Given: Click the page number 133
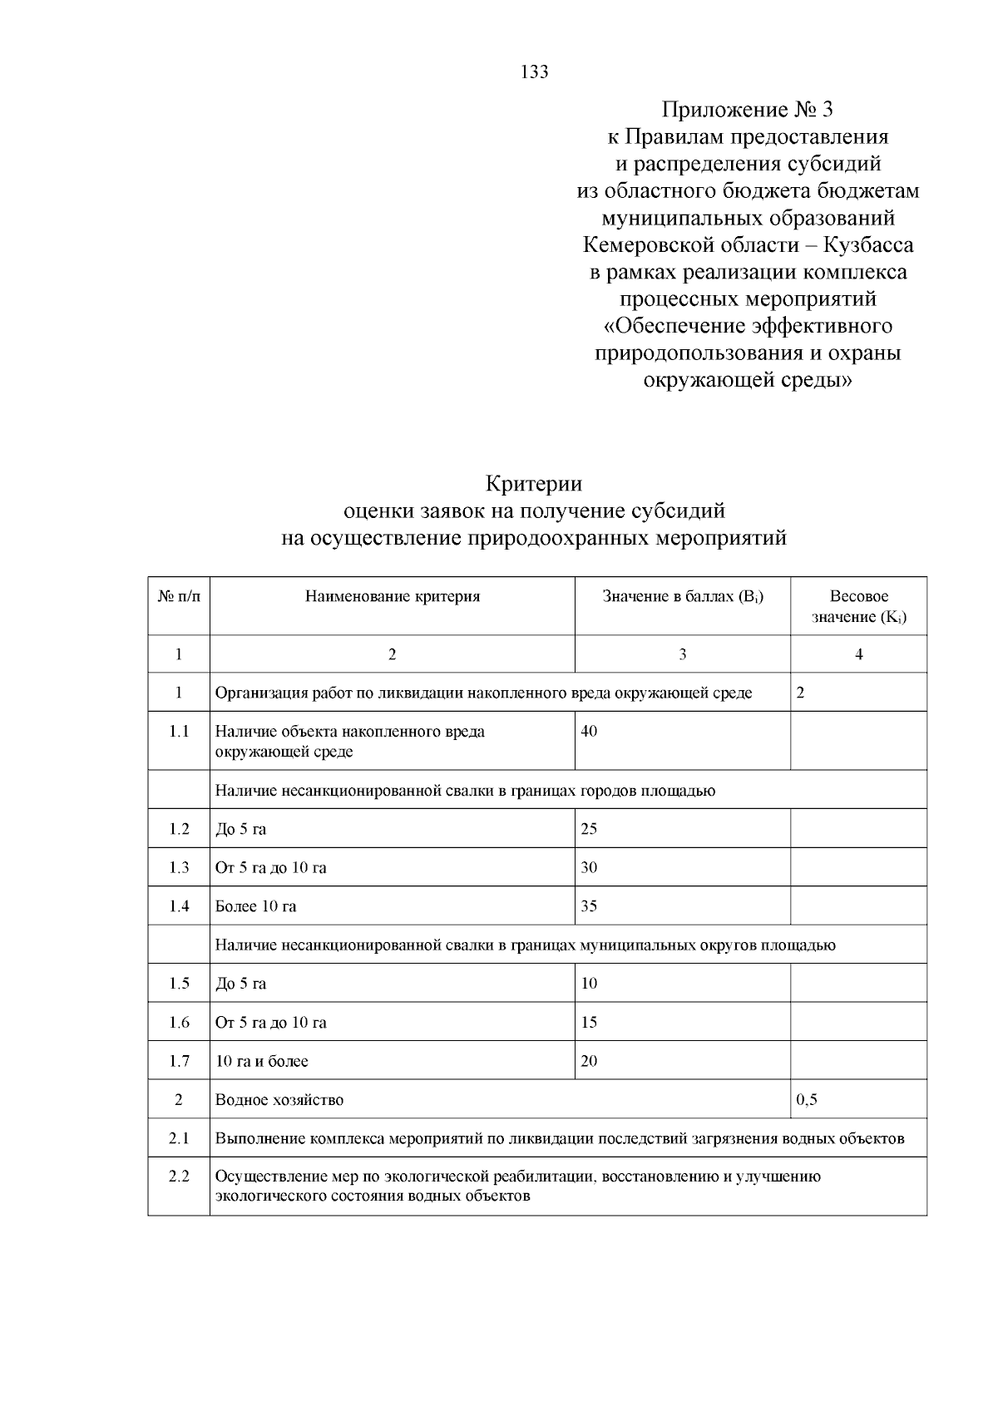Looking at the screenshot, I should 534,72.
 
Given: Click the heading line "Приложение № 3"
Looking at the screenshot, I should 746,110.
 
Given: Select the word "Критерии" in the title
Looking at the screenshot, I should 533,483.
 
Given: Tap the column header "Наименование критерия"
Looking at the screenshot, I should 393,596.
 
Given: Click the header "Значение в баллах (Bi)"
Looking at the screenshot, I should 682,596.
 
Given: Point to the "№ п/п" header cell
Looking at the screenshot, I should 179,596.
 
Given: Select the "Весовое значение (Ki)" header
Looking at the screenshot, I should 858,606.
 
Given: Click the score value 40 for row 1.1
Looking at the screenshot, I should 589,732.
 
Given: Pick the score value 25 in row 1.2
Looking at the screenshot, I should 589,829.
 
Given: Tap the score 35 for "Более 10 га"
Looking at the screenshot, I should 589,906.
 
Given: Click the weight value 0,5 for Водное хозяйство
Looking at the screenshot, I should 807,1100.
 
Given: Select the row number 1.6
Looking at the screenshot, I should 179,1023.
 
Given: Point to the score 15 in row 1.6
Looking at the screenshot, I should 589,1023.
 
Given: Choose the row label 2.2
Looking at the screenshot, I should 179,1177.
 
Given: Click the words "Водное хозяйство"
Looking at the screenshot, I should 279,1100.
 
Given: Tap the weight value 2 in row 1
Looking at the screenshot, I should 800,693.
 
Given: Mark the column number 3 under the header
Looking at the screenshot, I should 682,654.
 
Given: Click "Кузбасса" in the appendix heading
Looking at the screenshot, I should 869,245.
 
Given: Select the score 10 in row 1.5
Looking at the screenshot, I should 589,984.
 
